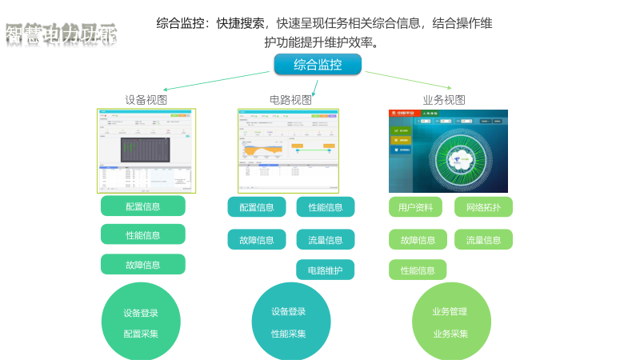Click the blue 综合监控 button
pos(318,65)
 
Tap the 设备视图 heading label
pos(146,100)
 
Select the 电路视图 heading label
pos(290,100)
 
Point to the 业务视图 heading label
pos(444,100)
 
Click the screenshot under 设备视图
pos(146,150)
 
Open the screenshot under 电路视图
pos(288,150)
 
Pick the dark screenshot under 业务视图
pos(448,151)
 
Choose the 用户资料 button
pos(415,207)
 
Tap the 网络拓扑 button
pos(483,207)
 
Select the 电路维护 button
pos(325,270)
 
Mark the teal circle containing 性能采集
pos(290,322)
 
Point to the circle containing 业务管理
pos(450,322)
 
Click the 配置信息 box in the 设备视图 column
pos(142,206)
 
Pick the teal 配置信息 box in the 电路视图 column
pos(256,207)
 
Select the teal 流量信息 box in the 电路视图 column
pos(325,239)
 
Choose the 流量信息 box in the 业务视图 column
pos(483,239)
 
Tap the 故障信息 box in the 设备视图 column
pos(142,264)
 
